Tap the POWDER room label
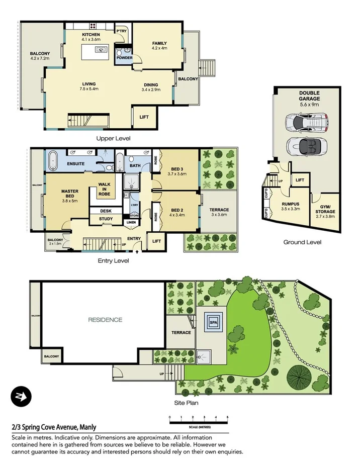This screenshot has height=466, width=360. [124, 58]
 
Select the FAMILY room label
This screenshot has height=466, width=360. [159, 44]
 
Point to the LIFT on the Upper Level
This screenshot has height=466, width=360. [144, 117]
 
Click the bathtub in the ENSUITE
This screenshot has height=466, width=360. [53, 160]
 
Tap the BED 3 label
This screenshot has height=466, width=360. [177, 168]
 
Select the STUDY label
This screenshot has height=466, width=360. [106, 219]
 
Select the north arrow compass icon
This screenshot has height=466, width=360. [21, 397]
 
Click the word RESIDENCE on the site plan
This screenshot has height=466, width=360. [105, 319]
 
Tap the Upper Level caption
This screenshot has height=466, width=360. [117, 138]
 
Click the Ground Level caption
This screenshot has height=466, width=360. [302, 242]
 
